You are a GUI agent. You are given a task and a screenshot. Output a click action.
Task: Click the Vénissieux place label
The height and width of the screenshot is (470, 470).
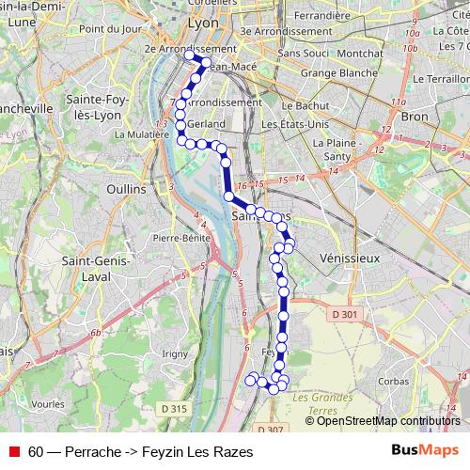click(349, 257)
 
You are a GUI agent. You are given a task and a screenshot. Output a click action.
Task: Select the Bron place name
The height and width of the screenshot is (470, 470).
click(414, 117)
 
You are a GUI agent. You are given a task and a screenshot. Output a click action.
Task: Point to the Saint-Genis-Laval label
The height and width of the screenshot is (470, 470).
click(86, 268)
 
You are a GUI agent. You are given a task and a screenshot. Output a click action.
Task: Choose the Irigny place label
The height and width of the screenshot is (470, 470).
click(176, 352)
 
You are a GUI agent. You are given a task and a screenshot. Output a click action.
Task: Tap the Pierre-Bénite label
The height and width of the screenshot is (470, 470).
click(180, 239)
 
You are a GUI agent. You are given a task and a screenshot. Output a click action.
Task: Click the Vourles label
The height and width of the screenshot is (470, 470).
click(47, 403)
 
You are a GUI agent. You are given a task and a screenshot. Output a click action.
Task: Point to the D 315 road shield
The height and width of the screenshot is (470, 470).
click(174, 408)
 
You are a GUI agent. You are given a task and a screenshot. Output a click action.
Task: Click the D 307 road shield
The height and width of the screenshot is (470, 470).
click(269, 430)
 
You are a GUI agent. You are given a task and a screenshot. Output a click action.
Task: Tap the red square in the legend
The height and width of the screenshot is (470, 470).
click(14, 452)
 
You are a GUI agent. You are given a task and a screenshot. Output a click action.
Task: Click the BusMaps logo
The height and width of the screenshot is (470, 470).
click(425, 451)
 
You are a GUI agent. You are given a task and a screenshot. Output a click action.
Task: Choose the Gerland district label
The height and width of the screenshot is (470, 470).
click(206, 123)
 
